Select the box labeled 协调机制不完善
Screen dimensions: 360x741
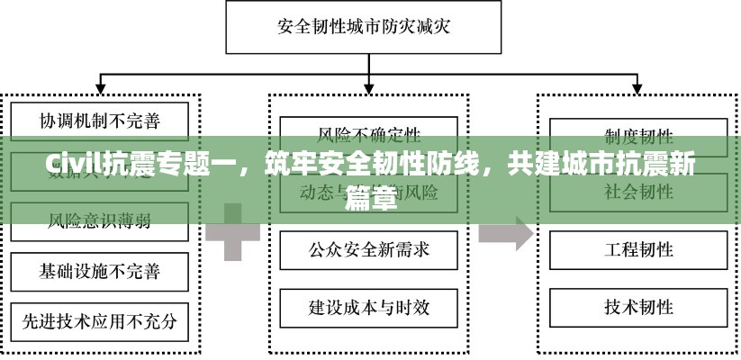tap(100, 119)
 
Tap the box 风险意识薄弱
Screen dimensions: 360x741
tap(100, 219)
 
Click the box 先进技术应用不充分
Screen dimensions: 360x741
tap(100, 319)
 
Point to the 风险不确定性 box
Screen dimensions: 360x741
tap(369, 135)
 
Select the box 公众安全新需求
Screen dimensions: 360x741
tap(369, 249)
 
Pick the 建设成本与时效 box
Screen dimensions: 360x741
tap(369, 307)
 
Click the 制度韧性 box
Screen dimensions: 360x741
tap(638, 137)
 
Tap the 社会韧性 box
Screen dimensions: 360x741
tap(638, 192)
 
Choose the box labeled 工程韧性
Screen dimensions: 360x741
tap(638, 249)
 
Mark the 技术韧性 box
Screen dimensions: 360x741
tap(638, 307)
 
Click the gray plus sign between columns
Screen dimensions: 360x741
tap(232, 231)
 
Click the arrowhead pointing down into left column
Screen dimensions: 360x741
tap(100, 90)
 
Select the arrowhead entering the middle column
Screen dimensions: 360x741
tap(369, 90)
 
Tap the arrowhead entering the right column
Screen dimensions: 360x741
tap(638, 90)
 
